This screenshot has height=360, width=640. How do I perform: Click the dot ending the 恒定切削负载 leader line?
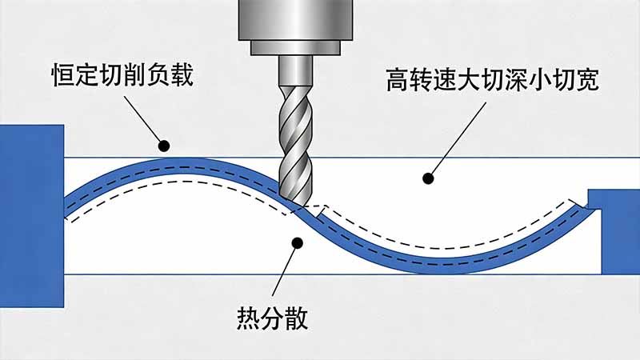(x=165, y=146)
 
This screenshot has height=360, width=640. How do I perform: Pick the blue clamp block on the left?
(x=31, y=216)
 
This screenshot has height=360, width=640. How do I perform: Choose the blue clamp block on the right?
(x=614, y=225)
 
